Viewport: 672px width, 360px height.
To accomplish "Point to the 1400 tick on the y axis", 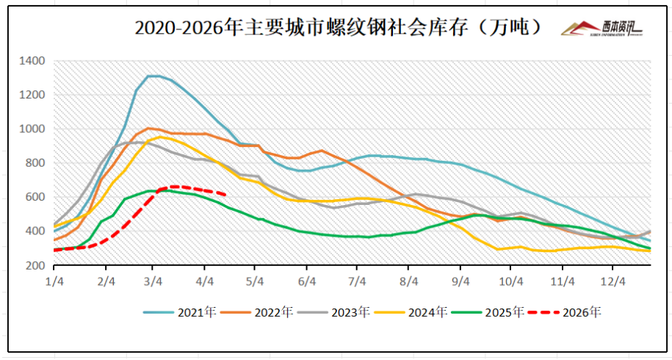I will tap(34, 60).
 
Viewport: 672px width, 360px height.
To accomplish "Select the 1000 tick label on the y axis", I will tap(34, 129).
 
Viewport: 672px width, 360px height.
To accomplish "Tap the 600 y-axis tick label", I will tap(37, 197).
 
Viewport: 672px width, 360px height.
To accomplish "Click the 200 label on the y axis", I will tap(37, 265).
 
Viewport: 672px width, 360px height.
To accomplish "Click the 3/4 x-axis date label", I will tap(153, 281).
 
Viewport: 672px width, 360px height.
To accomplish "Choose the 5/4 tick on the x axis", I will tap(254, 281).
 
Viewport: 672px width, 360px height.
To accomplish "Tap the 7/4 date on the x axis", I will tap(357, 281).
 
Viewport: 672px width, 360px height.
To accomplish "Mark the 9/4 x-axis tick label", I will tap(461, 281).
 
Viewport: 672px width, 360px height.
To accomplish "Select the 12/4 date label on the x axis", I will tap(613, 281).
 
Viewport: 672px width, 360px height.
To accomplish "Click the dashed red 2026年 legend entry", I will tap(564, 312).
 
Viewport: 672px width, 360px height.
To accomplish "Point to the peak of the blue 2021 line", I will tap(153, 76).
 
